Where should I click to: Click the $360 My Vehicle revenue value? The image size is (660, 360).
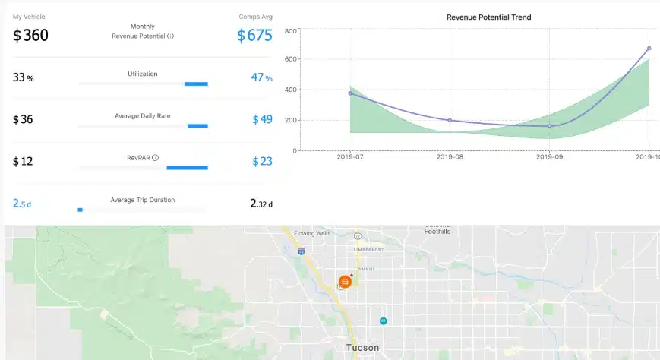click(x=30, y=35)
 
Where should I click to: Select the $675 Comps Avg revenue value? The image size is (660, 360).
click(x=254, y=36)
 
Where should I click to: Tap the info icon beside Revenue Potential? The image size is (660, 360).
click(x=170, y=36)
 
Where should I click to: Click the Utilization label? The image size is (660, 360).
click(x=142, y=73)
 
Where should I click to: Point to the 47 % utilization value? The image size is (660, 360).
click(x=261, y=77)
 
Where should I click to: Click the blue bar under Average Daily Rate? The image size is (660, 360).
click(x=197, y=125)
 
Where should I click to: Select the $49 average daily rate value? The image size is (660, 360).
click(x=262, y=119)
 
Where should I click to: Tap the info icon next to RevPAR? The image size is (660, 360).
click(x=155, y=158)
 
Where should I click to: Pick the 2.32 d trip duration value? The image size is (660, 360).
click(x=261, y=204)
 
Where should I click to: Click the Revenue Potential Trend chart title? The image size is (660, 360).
click(x=488, y=17)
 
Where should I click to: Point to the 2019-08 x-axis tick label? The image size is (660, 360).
click(x=450, y=158)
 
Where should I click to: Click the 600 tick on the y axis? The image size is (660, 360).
click(x=289, y=59)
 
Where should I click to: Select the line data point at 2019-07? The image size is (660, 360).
click(x=350, y=93)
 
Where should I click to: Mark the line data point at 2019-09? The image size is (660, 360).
click(x=549, y=126)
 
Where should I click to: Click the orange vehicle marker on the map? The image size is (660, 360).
click(x=345, y=282)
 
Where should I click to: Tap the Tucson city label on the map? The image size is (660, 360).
click(x=362, y=348)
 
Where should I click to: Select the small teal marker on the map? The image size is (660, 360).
click(x=384, y=321)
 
